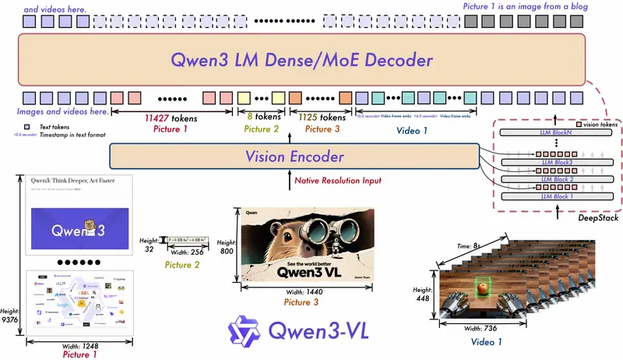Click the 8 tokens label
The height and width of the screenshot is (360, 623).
point(255,118)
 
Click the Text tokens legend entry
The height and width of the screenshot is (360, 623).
point(51,125)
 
